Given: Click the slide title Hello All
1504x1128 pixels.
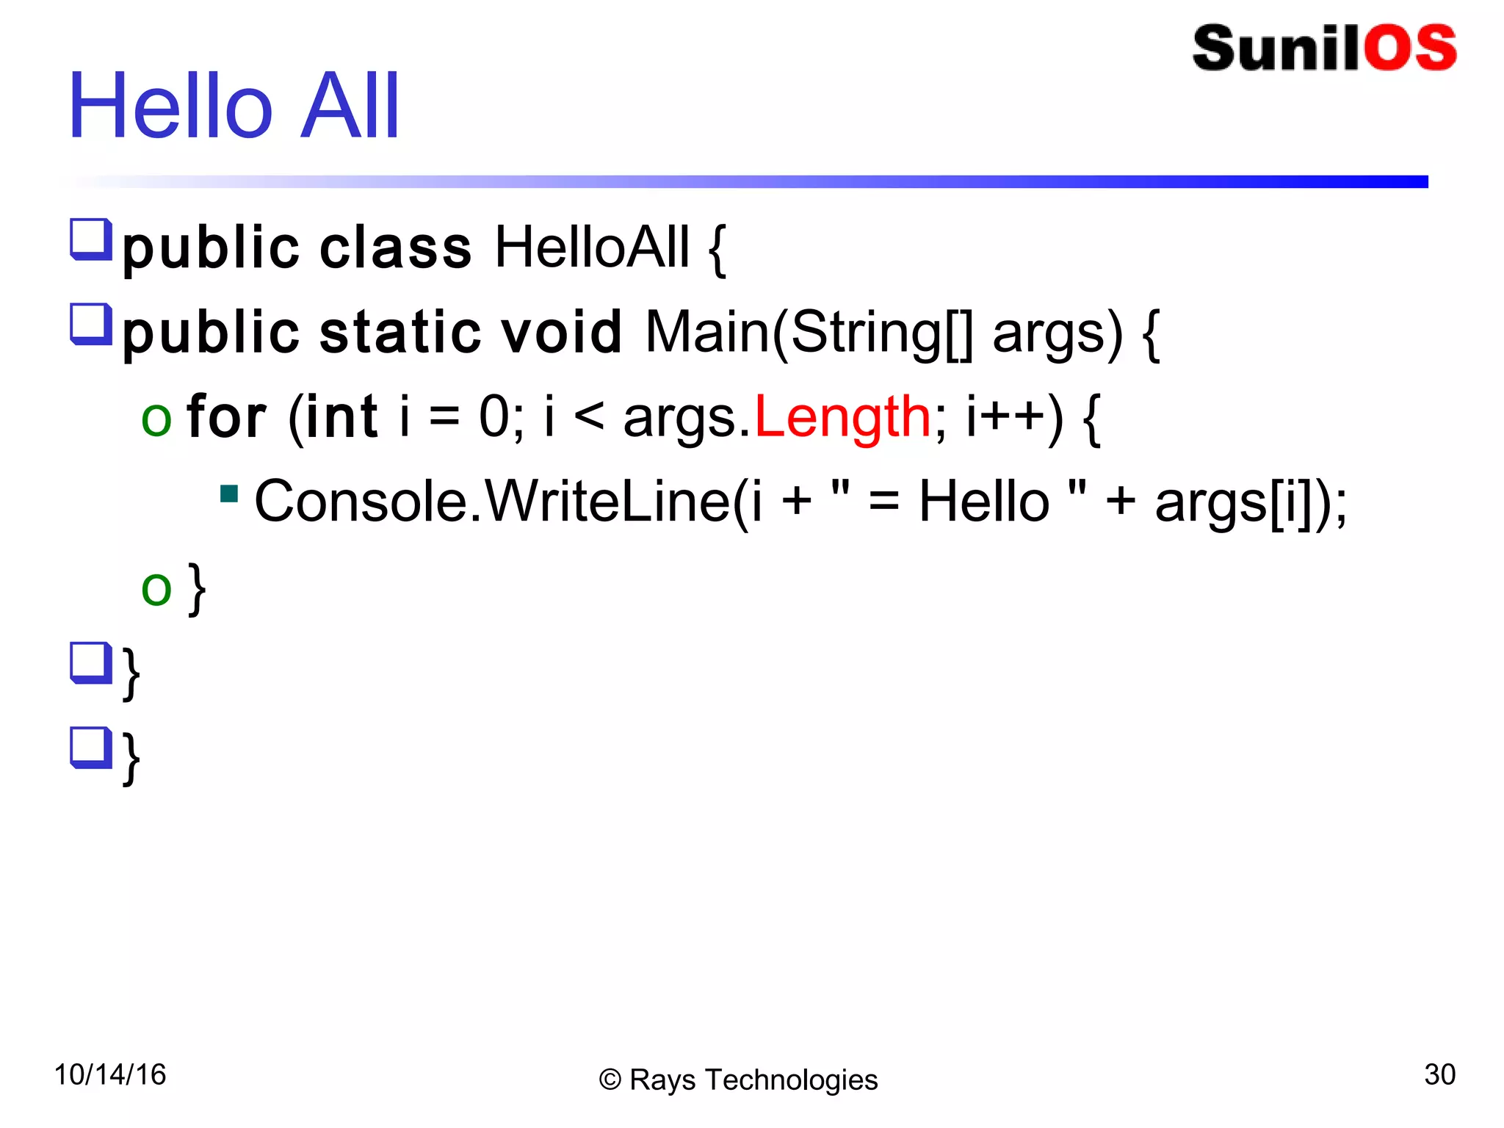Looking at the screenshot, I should pos(234,106).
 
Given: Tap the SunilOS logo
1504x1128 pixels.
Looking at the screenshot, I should pos(1324,48).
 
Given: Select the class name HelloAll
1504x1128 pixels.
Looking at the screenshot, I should pos(592,248).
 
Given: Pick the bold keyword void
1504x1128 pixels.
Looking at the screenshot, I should pos(561,333).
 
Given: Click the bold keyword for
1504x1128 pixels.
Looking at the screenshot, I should pos(225,417).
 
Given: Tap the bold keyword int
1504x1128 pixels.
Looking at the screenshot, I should pos(341,417).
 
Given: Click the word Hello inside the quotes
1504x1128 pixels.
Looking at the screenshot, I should pos(984,502).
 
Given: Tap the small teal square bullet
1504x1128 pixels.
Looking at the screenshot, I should pos(229,493).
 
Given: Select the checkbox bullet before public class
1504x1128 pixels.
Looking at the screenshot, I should pos(90,239).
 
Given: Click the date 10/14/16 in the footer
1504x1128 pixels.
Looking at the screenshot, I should pos(110,1074).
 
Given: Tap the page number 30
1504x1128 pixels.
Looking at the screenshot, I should pos(1439,1074).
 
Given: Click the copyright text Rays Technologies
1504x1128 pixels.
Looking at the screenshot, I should pos(752,1080).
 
